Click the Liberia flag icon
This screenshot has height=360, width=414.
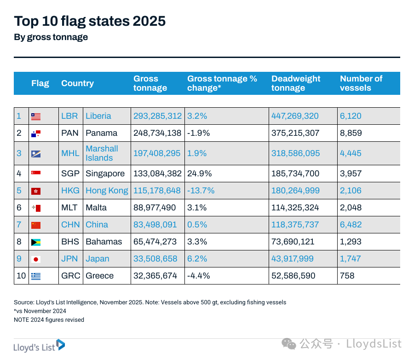(x=36, y=116)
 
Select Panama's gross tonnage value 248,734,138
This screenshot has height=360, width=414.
(x=157, y=133)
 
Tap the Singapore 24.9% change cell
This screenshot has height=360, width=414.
(x=198, y=174)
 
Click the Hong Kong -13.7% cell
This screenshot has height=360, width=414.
(x=201, y=191)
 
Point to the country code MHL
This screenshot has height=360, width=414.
(x=70, y=153)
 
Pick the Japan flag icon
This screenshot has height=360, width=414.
(x=36, y=259)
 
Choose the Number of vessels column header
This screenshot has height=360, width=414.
(x=361, y=83)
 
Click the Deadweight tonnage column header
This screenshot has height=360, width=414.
(x=296, y=83)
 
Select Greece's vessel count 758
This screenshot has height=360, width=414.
(x=347, y=276)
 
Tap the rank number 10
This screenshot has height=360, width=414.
(x=21, y=276)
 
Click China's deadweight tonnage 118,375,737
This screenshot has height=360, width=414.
(x=295, y=225)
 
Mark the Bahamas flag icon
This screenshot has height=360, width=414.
(x=36, y=242)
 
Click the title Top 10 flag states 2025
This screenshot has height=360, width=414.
(x=90, y=21)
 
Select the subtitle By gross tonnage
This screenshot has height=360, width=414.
(x=51, y=37)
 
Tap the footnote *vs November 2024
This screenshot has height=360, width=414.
(x=40, y=311)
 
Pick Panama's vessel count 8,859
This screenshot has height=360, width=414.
(x=351, y=133)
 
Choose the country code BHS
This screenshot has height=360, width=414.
(x=70, y=242)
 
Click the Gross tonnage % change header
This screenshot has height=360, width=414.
(x=222, y=83)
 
